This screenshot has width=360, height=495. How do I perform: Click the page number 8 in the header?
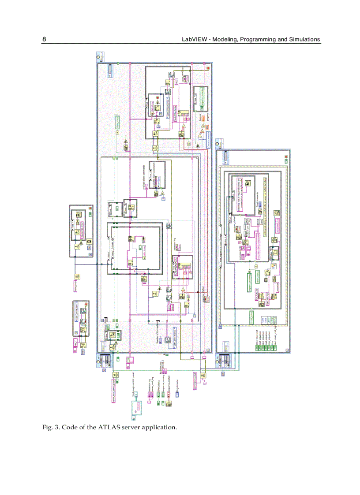[44, 39]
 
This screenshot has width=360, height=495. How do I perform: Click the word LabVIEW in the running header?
[194, 39]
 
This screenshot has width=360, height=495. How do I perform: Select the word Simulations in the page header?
[304, 39]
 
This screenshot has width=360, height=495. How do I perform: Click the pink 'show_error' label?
[75, 285]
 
